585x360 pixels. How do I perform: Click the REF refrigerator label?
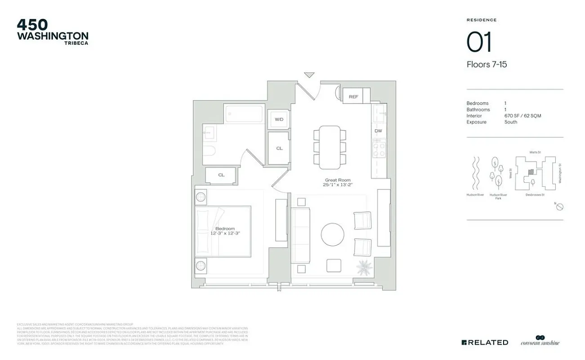pos(353,97)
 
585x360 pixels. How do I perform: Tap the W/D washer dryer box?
pos(279,120)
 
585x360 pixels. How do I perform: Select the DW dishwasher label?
pos(378,131)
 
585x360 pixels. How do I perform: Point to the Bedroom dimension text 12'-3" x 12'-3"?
pos(225,234)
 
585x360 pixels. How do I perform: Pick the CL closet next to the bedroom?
pos(221,175)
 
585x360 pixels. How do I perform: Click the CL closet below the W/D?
pos(279,148)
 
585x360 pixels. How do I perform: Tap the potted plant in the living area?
pos(364,267)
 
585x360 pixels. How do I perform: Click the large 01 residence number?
pos(479,43)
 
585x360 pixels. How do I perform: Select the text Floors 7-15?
pos(487,64)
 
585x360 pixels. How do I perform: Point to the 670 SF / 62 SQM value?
pos(522,116)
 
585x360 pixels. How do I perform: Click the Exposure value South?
pos(511,122)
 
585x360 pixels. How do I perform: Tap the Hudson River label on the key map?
pos(475,195)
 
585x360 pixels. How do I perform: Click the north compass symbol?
pos(560,207)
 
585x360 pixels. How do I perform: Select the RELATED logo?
pos(485,342)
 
